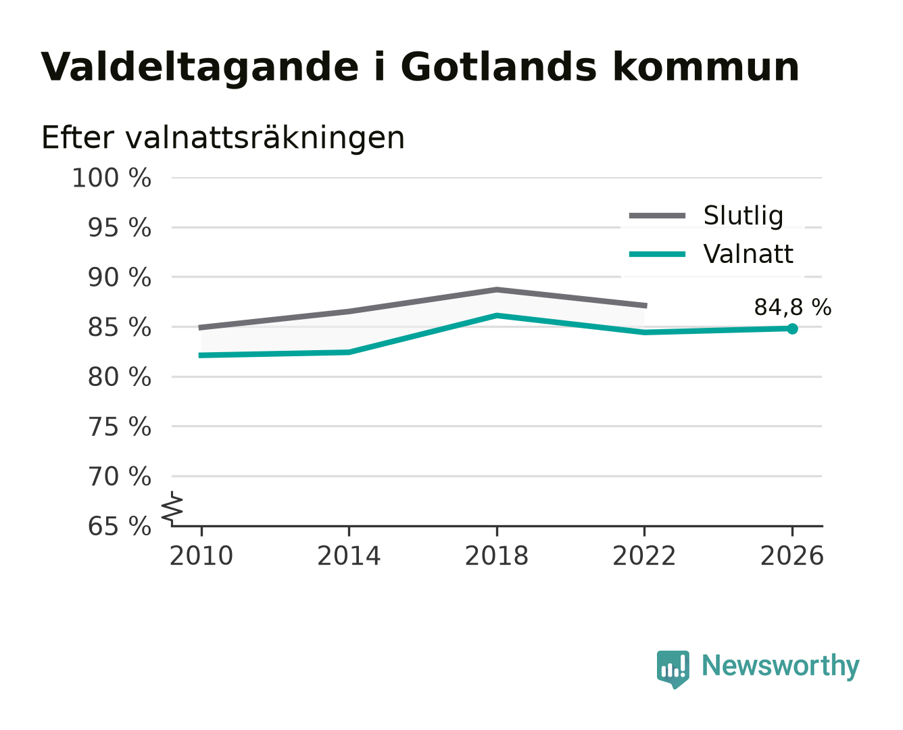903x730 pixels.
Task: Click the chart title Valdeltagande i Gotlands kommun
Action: [x=419, y=68]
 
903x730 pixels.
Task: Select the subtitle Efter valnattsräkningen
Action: [x=223, y=138]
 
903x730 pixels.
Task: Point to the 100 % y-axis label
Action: [x=112, y=178]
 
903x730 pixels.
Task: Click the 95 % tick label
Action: [x=119, y=228]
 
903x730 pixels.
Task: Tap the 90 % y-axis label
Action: [x=119, y=278]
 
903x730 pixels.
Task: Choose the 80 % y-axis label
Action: [x=119, y=377]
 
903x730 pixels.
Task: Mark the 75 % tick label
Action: [x=119, y=427]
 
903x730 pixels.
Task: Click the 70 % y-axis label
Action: [x=119, y=477]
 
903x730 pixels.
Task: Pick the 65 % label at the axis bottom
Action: [x=119, y=527]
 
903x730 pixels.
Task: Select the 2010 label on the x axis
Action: [x=201, y=556]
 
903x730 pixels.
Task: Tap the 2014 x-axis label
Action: [x=349, y=556]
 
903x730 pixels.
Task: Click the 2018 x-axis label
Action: [x=497, y=556]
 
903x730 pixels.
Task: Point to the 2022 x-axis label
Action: [x=644, y=556]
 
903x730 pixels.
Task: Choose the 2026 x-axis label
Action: [x=792, y=556]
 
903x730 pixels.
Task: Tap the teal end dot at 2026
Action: [x=792, y=328]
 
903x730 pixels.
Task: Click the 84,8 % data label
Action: [x=792, y=307]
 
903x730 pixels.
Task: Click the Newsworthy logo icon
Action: [x=673, y=669]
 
